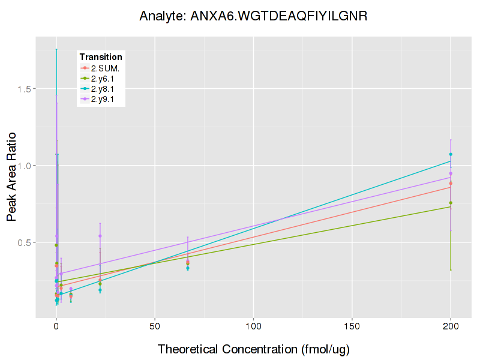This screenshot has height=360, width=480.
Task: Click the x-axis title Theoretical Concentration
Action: (253, 349)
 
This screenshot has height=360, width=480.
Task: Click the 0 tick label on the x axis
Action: (56, 326)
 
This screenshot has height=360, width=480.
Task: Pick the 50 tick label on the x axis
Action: (155, 326)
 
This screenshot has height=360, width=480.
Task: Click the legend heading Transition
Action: (101, 57)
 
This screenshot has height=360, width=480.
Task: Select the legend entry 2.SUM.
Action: (105, 68)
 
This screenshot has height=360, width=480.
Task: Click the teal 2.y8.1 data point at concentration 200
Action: (451, 154)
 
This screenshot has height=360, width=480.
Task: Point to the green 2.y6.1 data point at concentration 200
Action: (451, 203)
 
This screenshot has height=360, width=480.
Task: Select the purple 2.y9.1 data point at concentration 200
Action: (451, 173)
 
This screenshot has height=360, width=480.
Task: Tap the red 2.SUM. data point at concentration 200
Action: (451, 183)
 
